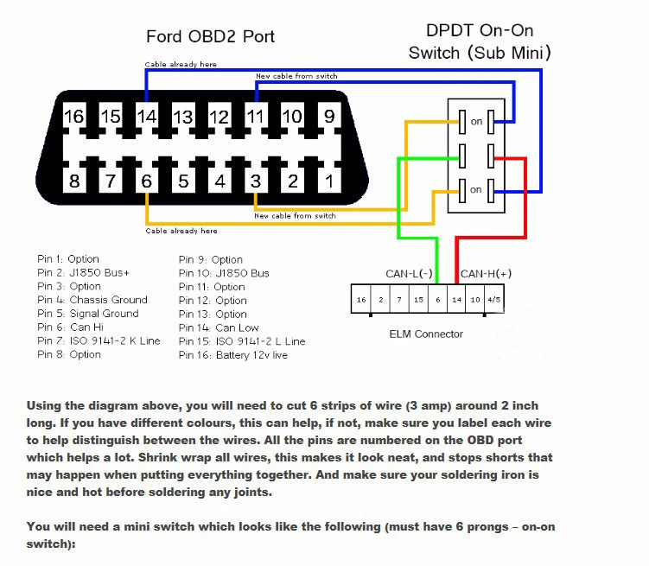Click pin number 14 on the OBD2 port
pos(147,116)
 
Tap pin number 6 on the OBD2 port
pos(147,181)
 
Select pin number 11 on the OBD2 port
pos(256,116)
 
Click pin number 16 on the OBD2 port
pos(74,116)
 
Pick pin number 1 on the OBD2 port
pos(329,181)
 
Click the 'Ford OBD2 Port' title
pos(210,36)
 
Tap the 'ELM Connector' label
pos(426,334)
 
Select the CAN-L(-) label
pos(409,274)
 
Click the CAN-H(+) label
pos(486,274)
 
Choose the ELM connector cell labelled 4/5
pos(493,300)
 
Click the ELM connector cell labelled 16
pos(360,300)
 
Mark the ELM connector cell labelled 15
pos(418,300)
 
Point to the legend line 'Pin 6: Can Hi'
pos(75,328)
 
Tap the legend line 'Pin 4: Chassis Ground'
pos(92,300)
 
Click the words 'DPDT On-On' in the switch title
pos(480,30)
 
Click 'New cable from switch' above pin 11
pos(296,76)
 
